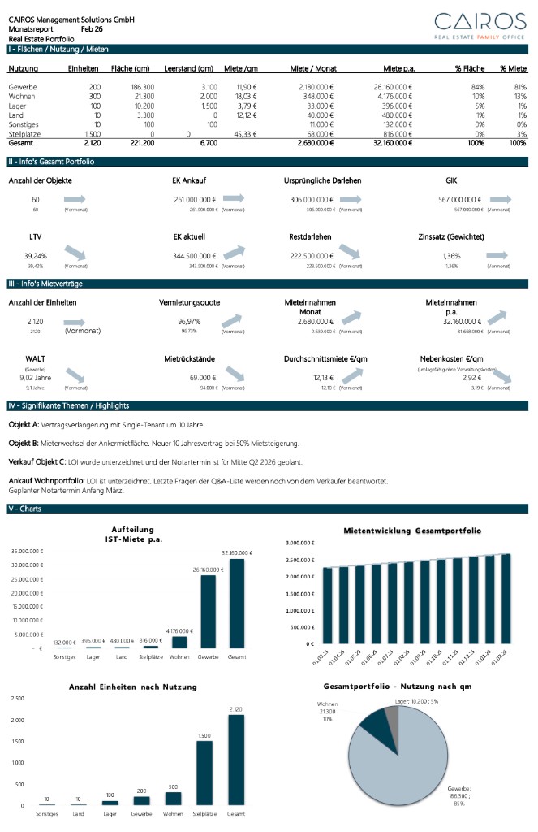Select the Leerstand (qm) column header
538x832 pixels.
point(188,69)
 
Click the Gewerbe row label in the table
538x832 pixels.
point(23,86)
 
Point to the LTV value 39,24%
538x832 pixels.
point(35,256)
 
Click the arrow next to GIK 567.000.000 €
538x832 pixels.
point(501,199)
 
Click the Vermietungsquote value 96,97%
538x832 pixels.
point(189,321)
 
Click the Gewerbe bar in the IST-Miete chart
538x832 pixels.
point(209,610)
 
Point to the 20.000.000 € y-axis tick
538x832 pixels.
point(28,592)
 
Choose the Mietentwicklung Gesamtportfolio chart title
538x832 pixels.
point(413,530)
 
